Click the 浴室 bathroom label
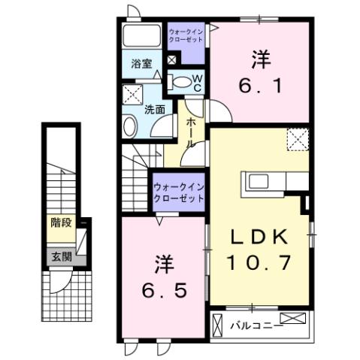(x=141, y=64)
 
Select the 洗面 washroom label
(x=155, y=109)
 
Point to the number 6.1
(x=261, y=86)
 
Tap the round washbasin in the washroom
(x=129, y=126)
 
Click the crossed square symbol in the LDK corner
(x=296, y=140)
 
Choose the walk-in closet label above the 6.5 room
(x=178, y=192)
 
